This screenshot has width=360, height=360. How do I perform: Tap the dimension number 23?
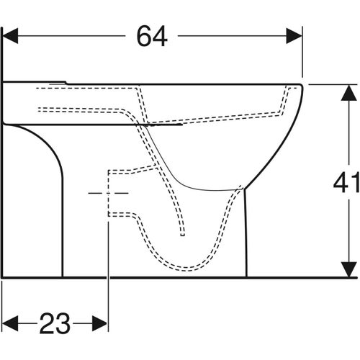pyautogui.click(x=54, y=323)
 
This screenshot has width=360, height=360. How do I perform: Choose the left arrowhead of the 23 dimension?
pyautogui.click(x=9, y=323)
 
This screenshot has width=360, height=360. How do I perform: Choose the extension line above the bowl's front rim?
pyautogui.click(x=302, y=58)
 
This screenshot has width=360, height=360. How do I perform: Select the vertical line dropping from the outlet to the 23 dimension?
pyautogui.click(x=108, y=274)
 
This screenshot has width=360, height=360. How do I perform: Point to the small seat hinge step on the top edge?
pyautogui.click(x=67, y=82)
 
